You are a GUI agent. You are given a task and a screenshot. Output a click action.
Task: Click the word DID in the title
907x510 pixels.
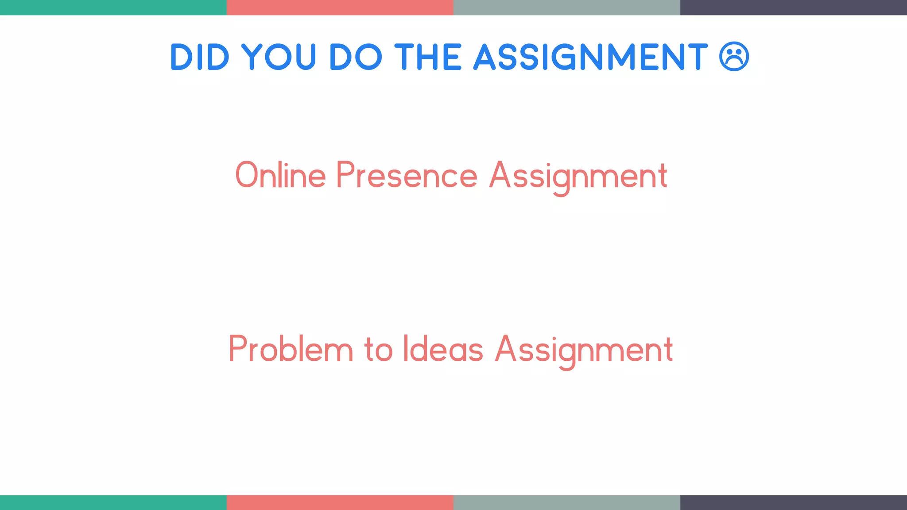tap(200, 57)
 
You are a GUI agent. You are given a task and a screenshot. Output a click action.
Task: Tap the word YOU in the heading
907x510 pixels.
tap(279, 57)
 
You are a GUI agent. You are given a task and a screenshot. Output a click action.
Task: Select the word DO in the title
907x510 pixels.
tap(356, 57)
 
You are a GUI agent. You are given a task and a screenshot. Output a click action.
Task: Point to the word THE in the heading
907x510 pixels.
tap(428, 57)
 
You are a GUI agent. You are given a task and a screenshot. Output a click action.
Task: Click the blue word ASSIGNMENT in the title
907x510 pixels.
tap(591, 57)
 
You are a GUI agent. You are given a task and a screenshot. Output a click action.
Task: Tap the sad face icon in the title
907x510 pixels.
tap(734, 57)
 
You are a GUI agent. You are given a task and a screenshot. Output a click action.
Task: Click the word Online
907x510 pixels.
tap(280, 175)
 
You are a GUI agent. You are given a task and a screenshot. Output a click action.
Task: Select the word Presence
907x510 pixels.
tap(407, 175)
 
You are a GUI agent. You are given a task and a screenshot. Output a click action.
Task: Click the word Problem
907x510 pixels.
tap(291, 349)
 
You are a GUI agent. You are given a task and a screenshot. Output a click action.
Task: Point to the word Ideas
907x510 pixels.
tap(442, 349)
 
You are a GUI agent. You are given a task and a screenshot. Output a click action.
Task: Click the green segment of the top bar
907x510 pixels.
tap(113, 8)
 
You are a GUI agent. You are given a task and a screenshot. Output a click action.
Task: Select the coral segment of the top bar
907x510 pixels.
tap(340, 8)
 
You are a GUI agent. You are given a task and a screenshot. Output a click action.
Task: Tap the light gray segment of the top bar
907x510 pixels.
tap(566, 8)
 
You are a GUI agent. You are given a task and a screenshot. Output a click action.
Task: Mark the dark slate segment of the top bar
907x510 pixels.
tap(793, 8)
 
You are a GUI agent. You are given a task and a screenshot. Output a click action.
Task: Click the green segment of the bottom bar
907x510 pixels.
tap(113, 502)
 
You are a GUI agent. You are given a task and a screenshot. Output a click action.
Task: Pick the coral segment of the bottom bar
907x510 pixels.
tap(340, 502)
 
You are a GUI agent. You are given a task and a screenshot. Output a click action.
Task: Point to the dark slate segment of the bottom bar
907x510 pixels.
tap(793, 502)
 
